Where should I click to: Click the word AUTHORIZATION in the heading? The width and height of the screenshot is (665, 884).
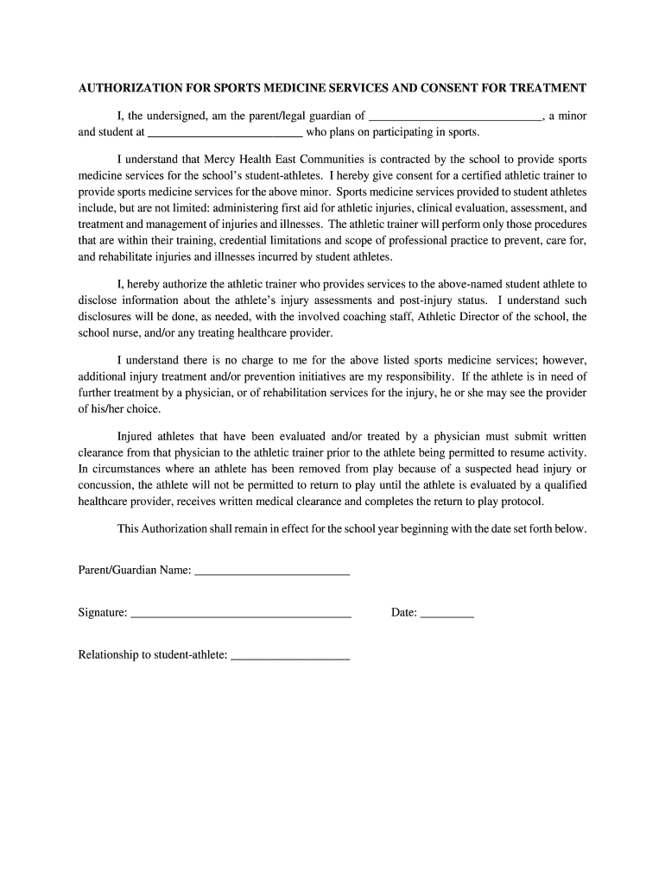(128, 89)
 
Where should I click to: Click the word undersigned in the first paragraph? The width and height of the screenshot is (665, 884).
(184, 115)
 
